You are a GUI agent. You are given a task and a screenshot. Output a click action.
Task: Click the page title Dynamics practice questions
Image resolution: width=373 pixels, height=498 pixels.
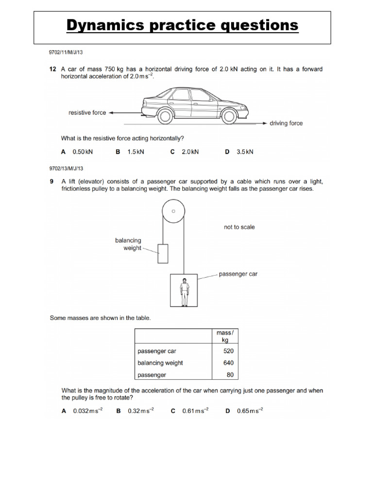[182, 25]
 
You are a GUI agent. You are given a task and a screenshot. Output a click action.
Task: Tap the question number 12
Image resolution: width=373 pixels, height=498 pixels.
[53, 70]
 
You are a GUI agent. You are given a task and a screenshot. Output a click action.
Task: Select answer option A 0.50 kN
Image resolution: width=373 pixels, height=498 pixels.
[77, 152]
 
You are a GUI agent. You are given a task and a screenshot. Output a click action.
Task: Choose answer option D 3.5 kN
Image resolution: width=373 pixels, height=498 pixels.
[239, 152]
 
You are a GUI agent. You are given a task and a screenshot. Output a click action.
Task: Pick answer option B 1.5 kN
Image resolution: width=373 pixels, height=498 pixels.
[131, 152]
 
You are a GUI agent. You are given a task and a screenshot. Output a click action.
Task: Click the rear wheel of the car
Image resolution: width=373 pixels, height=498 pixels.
[165, 116]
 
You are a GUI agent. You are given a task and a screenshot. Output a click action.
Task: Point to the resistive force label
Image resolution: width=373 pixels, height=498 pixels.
[87, 113]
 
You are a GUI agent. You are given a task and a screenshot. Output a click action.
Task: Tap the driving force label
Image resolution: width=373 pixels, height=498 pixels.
[286, 124]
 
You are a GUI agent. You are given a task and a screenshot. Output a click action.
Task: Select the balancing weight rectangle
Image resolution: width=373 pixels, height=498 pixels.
[163, 253]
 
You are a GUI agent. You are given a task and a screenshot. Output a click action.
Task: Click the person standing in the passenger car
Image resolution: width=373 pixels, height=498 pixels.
[184, 292]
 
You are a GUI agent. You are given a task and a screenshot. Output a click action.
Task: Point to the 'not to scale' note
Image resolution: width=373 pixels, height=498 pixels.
[239, 227]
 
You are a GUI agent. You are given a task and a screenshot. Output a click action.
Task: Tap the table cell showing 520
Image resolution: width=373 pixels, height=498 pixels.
[228, 351]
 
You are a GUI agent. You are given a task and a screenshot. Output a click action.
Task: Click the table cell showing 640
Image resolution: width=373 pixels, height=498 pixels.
[228, 363]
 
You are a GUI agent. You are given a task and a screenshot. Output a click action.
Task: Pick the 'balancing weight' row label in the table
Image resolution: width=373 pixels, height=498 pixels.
[160, 363]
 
